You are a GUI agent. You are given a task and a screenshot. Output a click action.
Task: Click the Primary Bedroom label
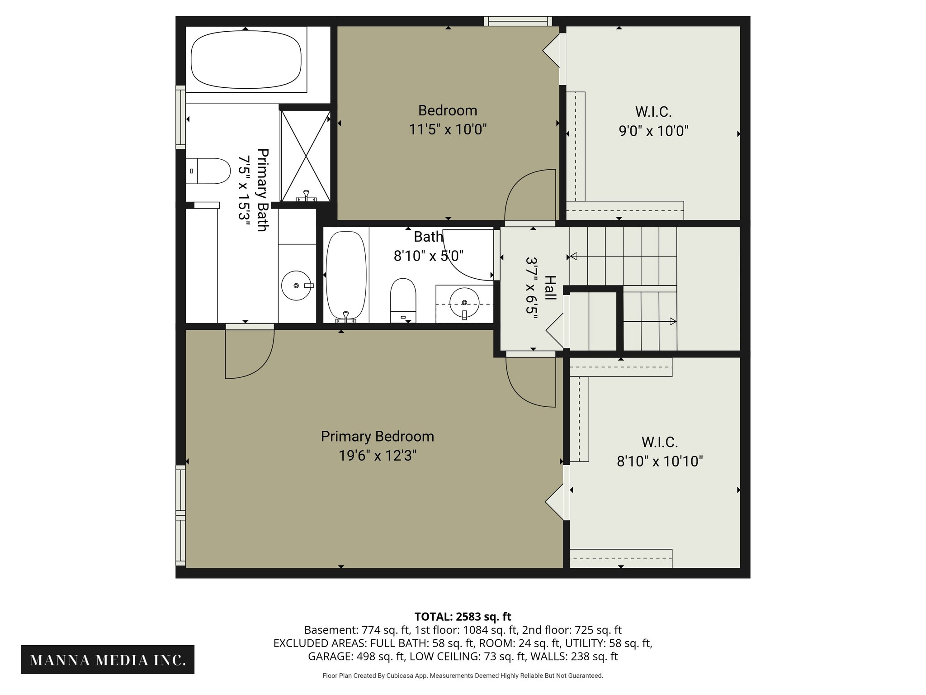pyautogui.click(x=377, y=436)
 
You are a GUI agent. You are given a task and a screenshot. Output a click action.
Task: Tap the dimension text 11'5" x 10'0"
pyautogui.click(x=448, y=130)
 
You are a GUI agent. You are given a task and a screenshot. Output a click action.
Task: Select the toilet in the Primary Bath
pyautogui.click(x=208, y=171)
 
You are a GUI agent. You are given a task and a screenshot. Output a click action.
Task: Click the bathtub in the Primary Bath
pyautogui.click(x=246, y=59)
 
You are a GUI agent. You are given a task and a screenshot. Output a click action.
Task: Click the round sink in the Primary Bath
pyautogui.click(x=297, y=286)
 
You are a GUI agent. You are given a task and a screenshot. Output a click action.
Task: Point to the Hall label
pyautogui.click(x=550, y=288)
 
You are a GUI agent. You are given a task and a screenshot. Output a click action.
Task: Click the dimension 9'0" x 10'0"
pyautogui.click(x=653, y=131)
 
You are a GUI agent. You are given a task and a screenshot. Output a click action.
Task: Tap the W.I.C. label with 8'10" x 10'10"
pyautogui.click(x=660, y=442)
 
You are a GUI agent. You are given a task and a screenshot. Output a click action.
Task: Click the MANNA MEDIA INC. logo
pyautogui.click(x=108, y=660)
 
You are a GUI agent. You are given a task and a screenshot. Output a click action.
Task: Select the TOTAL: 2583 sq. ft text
pyautogui.click(x=463, y=617)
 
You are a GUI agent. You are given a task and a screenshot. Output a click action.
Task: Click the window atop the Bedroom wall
pyautogui.click(x=518, y=21)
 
